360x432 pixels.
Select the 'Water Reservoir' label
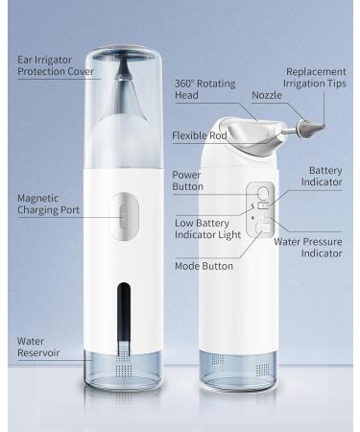click(38, 347)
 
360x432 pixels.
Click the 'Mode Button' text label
click(204, 266)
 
